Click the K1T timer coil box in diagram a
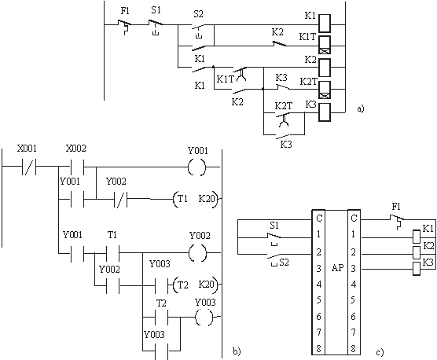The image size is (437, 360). pyautogui.click(x=325, y=45)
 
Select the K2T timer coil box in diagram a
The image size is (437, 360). pyautogui.click(x=325, y=90)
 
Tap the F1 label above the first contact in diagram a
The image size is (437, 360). pyautogui.click(x=125, y=12)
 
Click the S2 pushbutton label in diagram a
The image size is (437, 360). pyautogui.click(x=198, y=14)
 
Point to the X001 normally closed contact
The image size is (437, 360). pyautogui.click(x=29, y=167)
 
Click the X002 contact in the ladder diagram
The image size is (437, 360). pyautogui.click(x=77, y=167)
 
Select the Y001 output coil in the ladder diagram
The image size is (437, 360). pyautogui.click(x=197, y=167)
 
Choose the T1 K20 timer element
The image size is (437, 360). pyautogui.click(x=195, y=199)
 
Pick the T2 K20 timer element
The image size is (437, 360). pyautogui.click(x=195, y=285)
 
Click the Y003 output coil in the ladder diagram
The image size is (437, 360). pyautogui.click(x=204, y=317)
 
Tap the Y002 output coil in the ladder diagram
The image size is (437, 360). pyautogui.click(x=197, y=253)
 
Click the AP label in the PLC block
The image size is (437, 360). pyautogui.click(x=337, y=268)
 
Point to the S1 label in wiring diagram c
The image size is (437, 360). pyautogui.click(x=274, y=225)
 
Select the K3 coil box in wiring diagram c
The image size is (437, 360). pyautogui.click(x=417, y=269)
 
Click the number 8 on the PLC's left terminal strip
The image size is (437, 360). pyautogui.click(x=318, y=348)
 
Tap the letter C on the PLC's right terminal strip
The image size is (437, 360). pyautogui.click(x=354, y=218)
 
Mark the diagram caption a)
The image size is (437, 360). pyautogui.click(x=361, y=108)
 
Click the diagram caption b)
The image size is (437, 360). pyautogui.click(x=237, y=351)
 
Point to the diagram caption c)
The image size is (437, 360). pyautogui.click(x=380, y=352)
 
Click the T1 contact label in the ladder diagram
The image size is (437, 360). pyautogui.click(x=112, y=235)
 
